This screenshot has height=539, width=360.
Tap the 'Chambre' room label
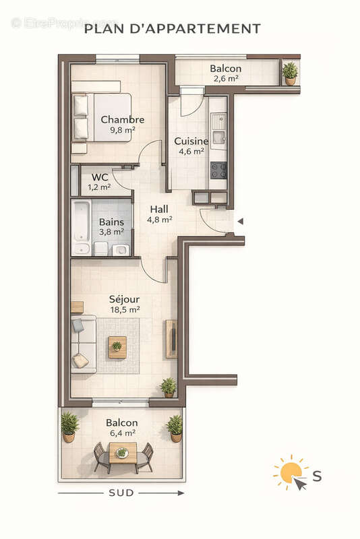123,120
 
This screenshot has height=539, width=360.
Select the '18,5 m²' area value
125,310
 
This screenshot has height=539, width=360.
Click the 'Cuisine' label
191,141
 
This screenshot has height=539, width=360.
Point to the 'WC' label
100,177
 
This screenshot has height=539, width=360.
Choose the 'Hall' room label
159,209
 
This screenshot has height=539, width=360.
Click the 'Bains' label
111,222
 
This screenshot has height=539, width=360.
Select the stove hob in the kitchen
218,170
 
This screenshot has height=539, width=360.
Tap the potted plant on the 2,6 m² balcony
290,73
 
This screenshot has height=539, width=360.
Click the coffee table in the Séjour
117,346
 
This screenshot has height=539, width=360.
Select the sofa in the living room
83,344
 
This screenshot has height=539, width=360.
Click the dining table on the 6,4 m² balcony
123,455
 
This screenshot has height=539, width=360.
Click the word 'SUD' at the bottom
121,493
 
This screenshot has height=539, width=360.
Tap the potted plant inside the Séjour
168,387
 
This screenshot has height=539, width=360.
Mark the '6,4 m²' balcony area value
121,433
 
